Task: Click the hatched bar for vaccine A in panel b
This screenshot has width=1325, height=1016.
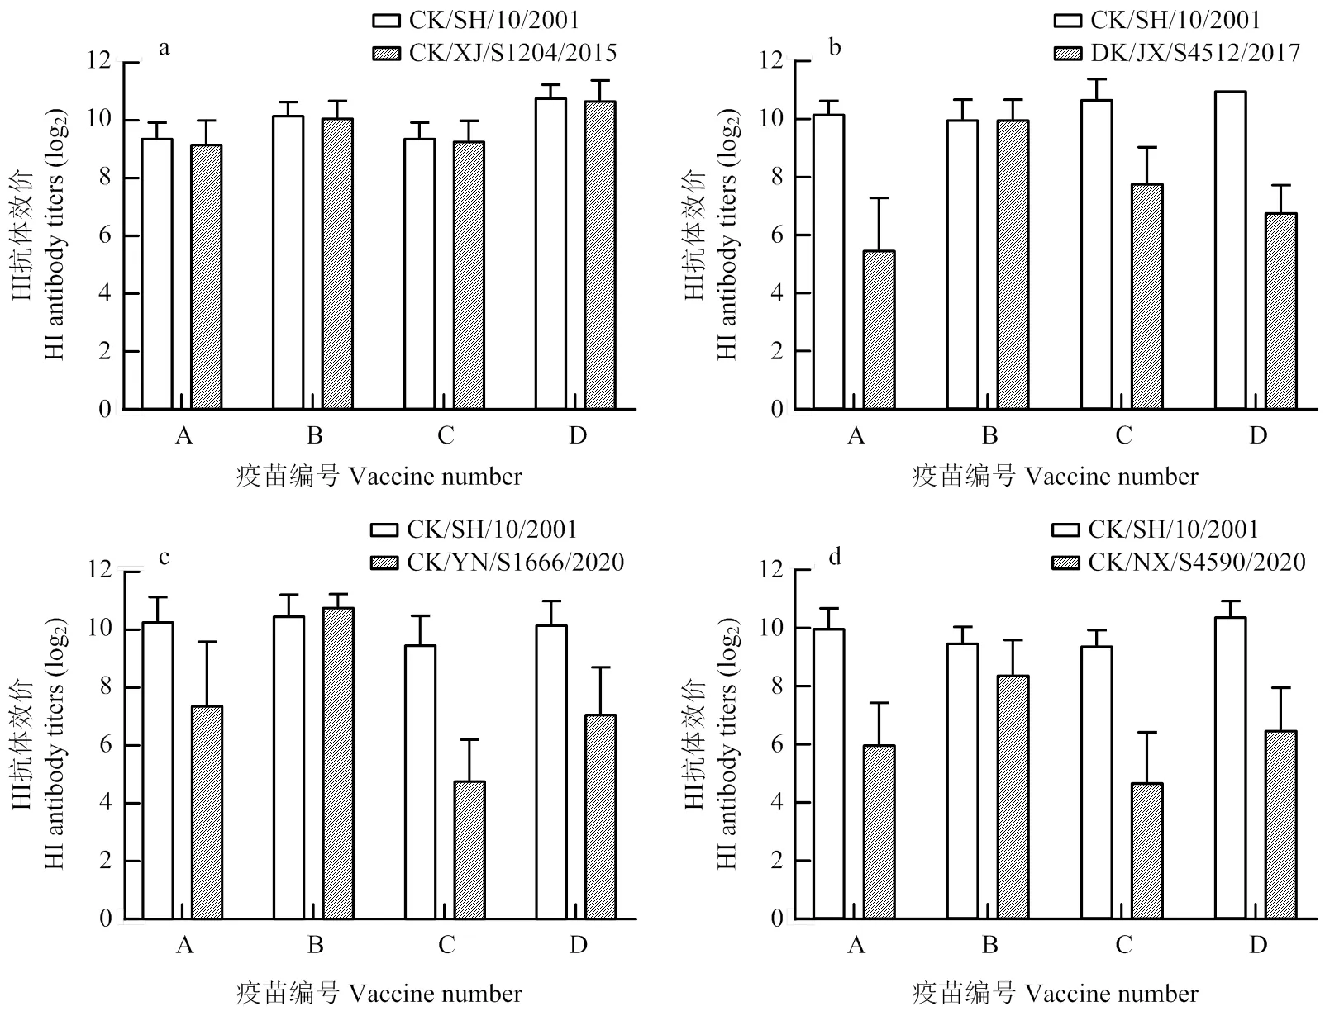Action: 879,330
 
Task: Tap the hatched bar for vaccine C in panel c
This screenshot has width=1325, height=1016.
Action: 469,850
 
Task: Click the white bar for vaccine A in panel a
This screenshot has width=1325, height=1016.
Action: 157,273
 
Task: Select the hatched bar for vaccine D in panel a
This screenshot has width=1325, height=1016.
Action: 599,255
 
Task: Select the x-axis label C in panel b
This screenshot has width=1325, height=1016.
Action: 1123,435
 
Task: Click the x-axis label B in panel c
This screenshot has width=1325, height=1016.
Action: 315,944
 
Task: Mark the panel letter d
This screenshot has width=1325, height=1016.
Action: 835,557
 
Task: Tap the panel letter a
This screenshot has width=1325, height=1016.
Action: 164,47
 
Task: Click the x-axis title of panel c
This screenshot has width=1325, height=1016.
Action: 379,992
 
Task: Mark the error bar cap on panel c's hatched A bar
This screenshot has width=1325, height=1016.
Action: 207,642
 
